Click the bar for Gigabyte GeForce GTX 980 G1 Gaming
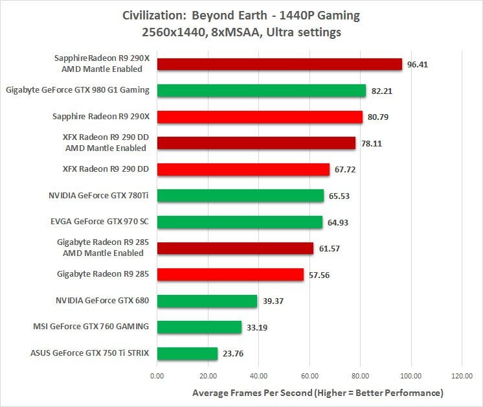point(261,91)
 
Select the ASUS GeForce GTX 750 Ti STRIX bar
point(187,354)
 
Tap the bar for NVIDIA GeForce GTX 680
point(207,301)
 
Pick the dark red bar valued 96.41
point(279,64)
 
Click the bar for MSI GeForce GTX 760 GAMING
point(199,327)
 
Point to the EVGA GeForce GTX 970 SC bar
point(240,222)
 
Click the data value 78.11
point(372,144)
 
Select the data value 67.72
point(346,170)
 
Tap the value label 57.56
point(320,275)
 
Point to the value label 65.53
point(341,196)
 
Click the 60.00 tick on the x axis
point(309,376)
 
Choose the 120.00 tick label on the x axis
point(461,376)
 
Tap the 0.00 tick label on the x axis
point(157,376)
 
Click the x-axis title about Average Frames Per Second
point(317,393)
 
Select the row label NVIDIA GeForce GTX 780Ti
point(99,194)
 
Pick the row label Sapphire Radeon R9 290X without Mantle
point(100,117)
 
